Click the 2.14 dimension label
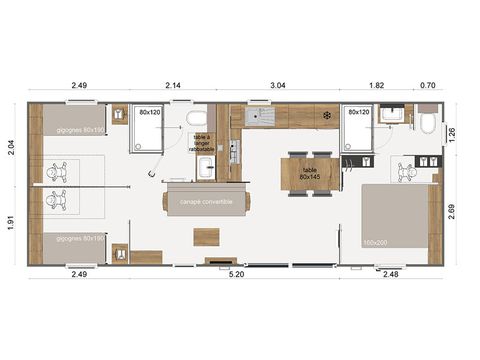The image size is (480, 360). point(172,87)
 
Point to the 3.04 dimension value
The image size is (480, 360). point(278,87)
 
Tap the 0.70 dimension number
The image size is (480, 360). point(428,87)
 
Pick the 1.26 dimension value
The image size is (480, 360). point(451,132)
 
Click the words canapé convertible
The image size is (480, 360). point(206,201)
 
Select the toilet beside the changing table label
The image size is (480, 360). point(197,119)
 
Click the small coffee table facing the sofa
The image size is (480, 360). point(207,236)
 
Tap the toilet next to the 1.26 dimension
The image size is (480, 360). point(427,123)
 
